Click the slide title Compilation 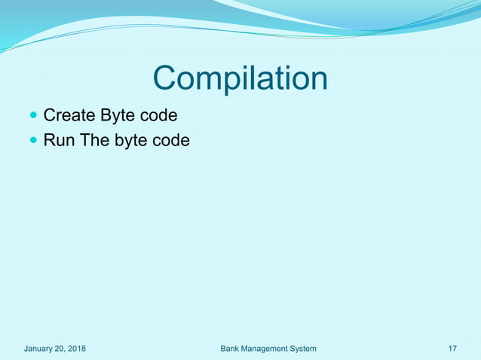[x=240, y=79]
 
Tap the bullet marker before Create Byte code [x=32, y=116]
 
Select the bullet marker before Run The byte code [x=32, y=140]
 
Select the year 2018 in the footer [x=78, y=349]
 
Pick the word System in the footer [x=302, y=349]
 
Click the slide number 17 [x=452, y=349]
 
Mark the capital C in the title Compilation [x=164, y=79]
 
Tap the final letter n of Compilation [x=318, y=79]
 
